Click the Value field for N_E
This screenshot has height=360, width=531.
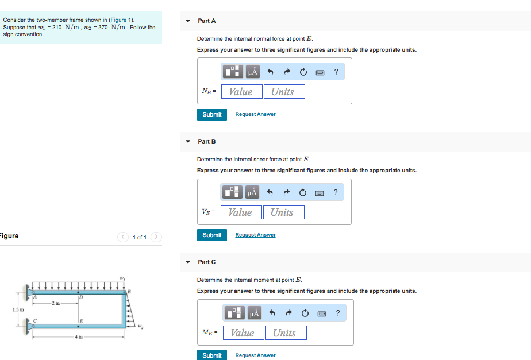click(x=241, y=92)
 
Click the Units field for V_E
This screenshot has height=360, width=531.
click(x=282, y=212)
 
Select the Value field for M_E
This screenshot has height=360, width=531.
click(x=243, y=333)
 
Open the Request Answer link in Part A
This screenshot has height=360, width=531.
click(x=255, y=114)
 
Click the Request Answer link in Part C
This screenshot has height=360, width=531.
click(x=255, y=355)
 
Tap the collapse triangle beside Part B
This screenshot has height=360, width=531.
click(x=187, y=141)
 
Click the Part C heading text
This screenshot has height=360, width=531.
click(x=207, y=262)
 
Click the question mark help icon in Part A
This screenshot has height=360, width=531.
click(x=336, y=72)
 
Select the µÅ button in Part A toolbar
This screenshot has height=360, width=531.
click(x=253, y=72)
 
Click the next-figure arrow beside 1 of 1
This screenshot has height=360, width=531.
click(x=156, y=237)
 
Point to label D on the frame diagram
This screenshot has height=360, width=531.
click(x=82, y=297)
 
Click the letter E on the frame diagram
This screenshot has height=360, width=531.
click(x=82, y=320)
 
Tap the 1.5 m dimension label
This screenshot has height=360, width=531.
click(x=17, y=310)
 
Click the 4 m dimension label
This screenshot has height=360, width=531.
click(x=78, y=336)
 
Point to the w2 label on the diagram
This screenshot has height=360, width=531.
click(x=140, y=327)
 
